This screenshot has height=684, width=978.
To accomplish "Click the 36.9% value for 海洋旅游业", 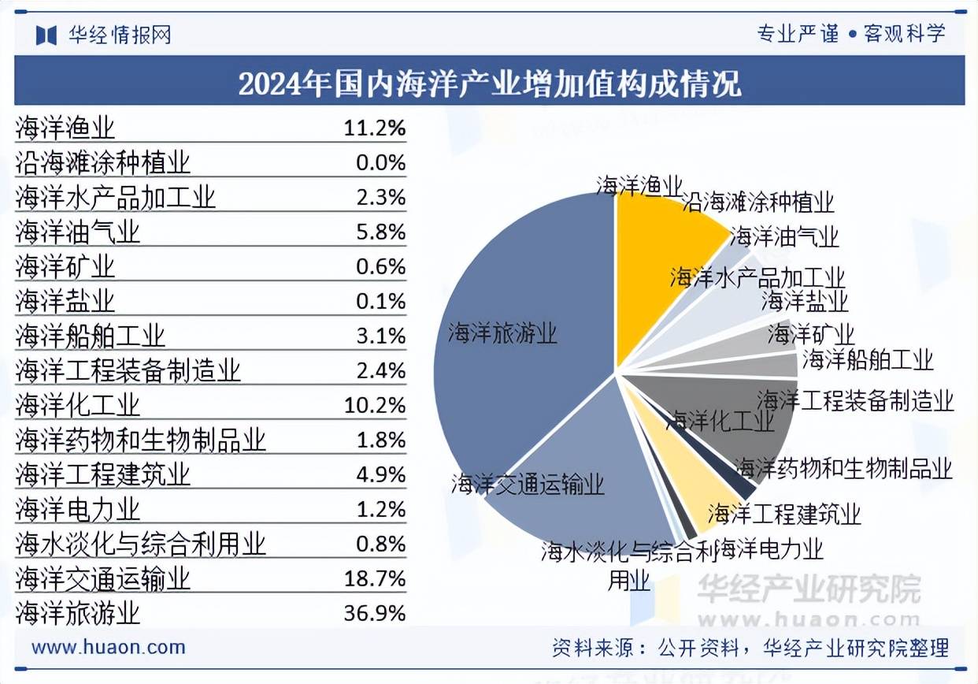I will pyautogui.click(x=375, y=613).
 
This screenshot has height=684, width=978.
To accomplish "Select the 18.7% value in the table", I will pyautogui.click(x=375, y=578).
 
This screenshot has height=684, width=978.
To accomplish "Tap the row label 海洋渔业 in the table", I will pyautogui.click(x=65, y=128).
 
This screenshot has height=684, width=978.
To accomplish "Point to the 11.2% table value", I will pyautogui.click(x=375, y=128).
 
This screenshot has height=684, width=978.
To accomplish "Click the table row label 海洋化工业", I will pyautogui.click(x=78, y=405).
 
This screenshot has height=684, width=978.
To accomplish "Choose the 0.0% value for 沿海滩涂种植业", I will pyautogui.click(x=380, y=162).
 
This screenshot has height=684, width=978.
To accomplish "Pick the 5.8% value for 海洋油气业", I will pyautogui.click(x=380, y=232).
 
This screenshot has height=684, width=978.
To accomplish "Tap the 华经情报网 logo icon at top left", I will pyautogui.click(x=46, y=35).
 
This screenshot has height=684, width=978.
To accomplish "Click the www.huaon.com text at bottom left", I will pyautogui.click(x=109, y=648).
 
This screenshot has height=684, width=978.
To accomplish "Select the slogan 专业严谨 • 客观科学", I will pyautogui.click(x=850, y=34).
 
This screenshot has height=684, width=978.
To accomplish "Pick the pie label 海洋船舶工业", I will pyautogui.click(x=868, y=361).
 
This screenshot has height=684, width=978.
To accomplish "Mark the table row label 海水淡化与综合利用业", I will pyautogui.click(x=141, y=544).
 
